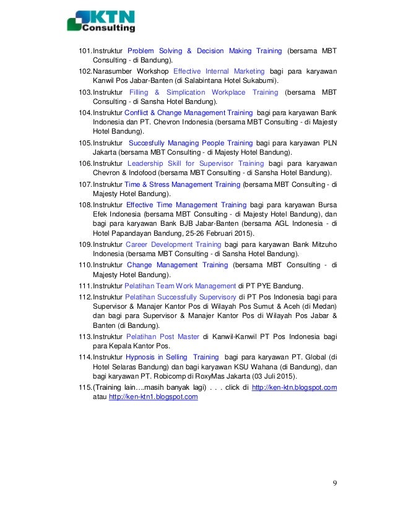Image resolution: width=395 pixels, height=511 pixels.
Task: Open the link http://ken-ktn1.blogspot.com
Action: point(153,397)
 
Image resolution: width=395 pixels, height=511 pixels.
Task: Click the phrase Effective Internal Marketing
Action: point(219,71)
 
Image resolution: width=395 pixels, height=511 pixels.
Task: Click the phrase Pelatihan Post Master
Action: point(162,337)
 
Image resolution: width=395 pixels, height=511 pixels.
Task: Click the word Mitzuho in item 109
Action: point(321,244)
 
